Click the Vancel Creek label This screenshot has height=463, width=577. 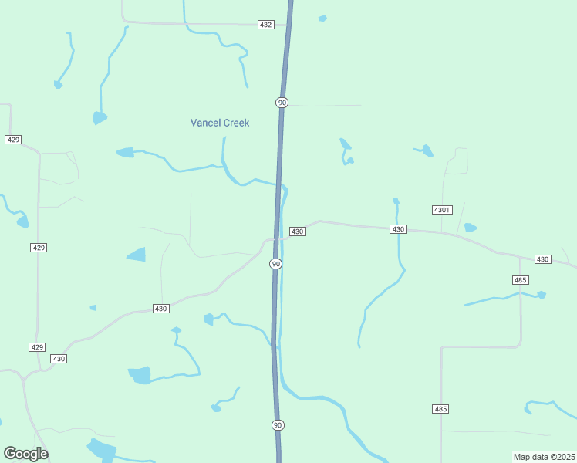220,123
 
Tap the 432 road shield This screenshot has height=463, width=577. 265,25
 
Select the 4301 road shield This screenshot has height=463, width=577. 441,210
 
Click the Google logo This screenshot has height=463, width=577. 25,454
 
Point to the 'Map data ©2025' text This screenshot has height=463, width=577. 544,457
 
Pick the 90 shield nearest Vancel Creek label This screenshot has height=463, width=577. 282,103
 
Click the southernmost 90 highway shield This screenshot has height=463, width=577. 278,425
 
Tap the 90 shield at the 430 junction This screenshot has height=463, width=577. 275,264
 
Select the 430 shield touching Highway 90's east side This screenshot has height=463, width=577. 297,231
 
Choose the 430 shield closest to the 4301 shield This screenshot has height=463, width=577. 398,229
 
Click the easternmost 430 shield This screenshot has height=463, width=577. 542,259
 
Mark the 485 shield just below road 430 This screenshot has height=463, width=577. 520,279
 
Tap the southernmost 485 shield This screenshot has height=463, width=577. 440,408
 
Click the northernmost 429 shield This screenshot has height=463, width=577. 12,139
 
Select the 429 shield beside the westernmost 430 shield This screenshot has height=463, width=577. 37,347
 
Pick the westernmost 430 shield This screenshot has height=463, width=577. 59,359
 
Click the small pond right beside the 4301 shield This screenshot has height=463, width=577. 470,228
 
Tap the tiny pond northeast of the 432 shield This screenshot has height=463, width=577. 322,18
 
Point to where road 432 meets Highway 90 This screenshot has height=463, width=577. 288,25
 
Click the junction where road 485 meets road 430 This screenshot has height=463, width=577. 519,257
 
